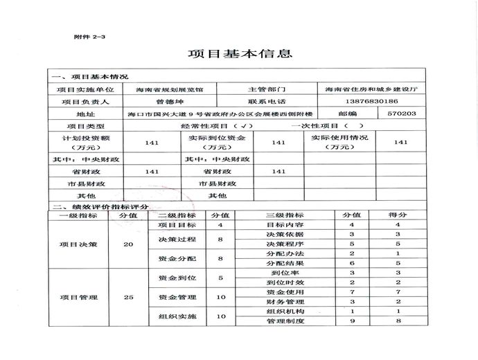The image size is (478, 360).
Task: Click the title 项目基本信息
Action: [240, 54]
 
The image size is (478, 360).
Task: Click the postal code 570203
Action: [402, 113]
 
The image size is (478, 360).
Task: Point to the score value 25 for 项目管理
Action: [128, 298]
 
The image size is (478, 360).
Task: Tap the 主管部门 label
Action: [266, 89]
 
